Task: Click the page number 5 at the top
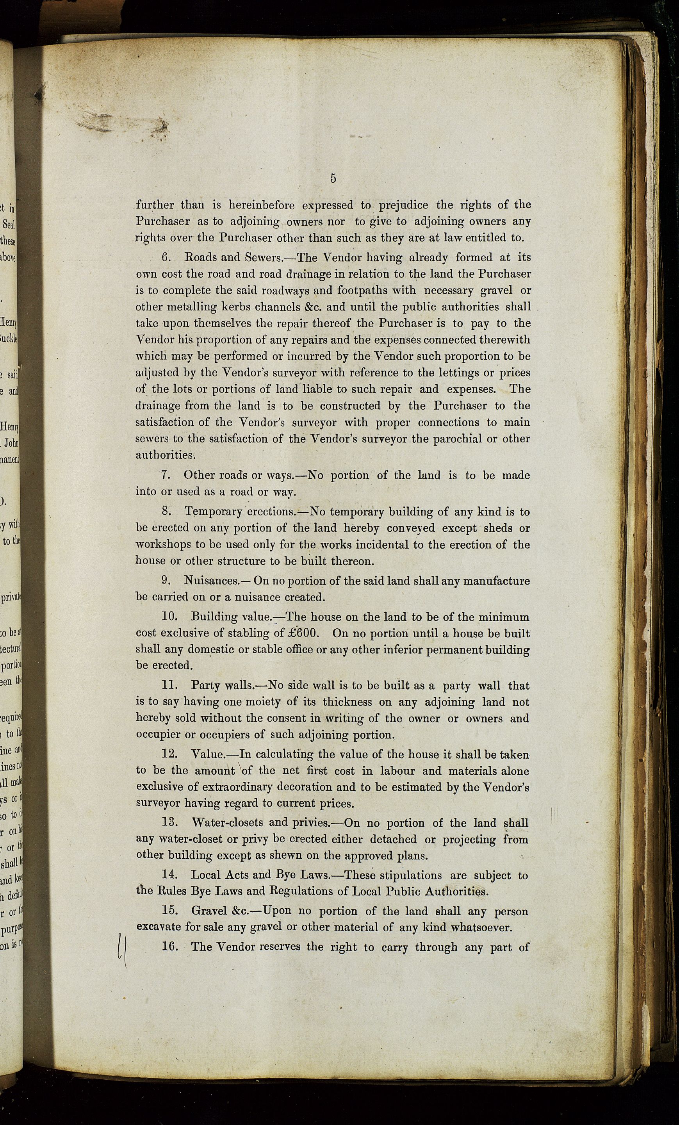click(333, 178)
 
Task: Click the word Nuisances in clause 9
click(211, 581)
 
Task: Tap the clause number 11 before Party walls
click(169, 685)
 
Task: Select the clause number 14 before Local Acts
click(169, 875)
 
